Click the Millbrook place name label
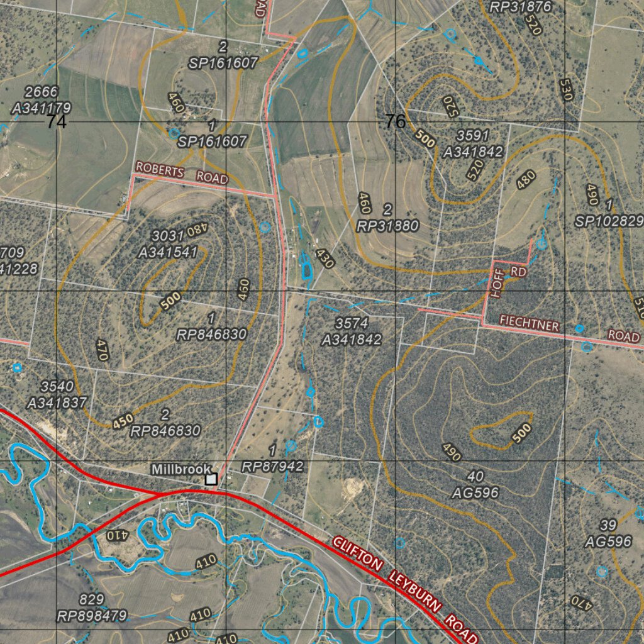180,469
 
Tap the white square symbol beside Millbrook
211,479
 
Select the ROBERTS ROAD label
181,174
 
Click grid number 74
56,122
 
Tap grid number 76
395,121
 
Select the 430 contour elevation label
325,258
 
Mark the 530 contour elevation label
565,89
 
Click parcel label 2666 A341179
42,101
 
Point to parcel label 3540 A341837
57,394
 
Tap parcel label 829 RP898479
92,608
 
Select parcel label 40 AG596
475,484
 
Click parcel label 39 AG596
608,533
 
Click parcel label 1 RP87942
272,458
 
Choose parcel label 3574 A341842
352,331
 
